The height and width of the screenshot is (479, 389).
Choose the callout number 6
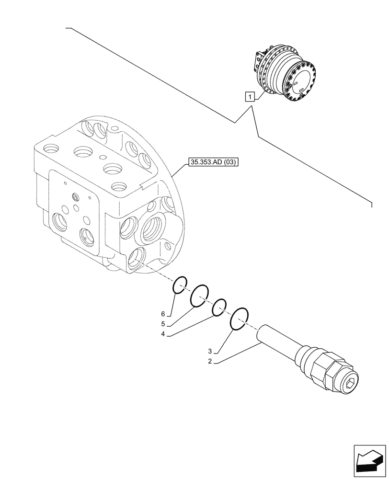163,314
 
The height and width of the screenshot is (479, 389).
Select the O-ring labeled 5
200,295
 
